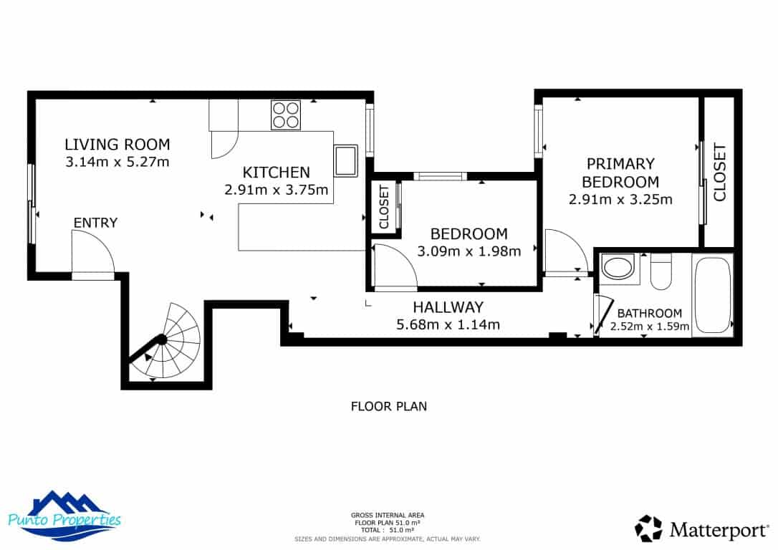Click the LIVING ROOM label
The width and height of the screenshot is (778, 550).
(117, 144)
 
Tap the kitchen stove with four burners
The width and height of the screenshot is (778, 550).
(285, 115)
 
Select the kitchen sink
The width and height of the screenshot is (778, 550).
(345, 160)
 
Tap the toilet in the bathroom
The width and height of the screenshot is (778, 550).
(661, 272)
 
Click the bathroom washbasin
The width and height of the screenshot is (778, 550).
(616, 269)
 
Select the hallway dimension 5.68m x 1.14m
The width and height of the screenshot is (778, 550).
(448, 324)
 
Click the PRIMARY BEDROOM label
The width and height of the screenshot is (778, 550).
(620, 173)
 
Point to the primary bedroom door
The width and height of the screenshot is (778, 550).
(563, 251)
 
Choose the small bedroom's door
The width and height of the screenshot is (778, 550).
(393, 266)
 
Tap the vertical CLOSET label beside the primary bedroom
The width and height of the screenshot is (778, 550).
(719, 172)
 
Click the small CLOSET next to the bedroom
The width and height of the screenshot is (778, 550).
(383, 208)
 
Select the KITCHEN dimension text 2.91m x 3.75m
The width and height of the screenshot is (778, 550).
(276, 190)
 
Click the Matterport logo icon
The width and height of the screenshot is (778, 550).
(649, 529)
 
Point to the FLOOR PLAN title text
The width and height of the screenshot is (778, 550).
(388, 407)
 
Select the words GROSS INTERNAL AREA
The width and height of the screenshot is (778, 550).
(388, 515)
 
